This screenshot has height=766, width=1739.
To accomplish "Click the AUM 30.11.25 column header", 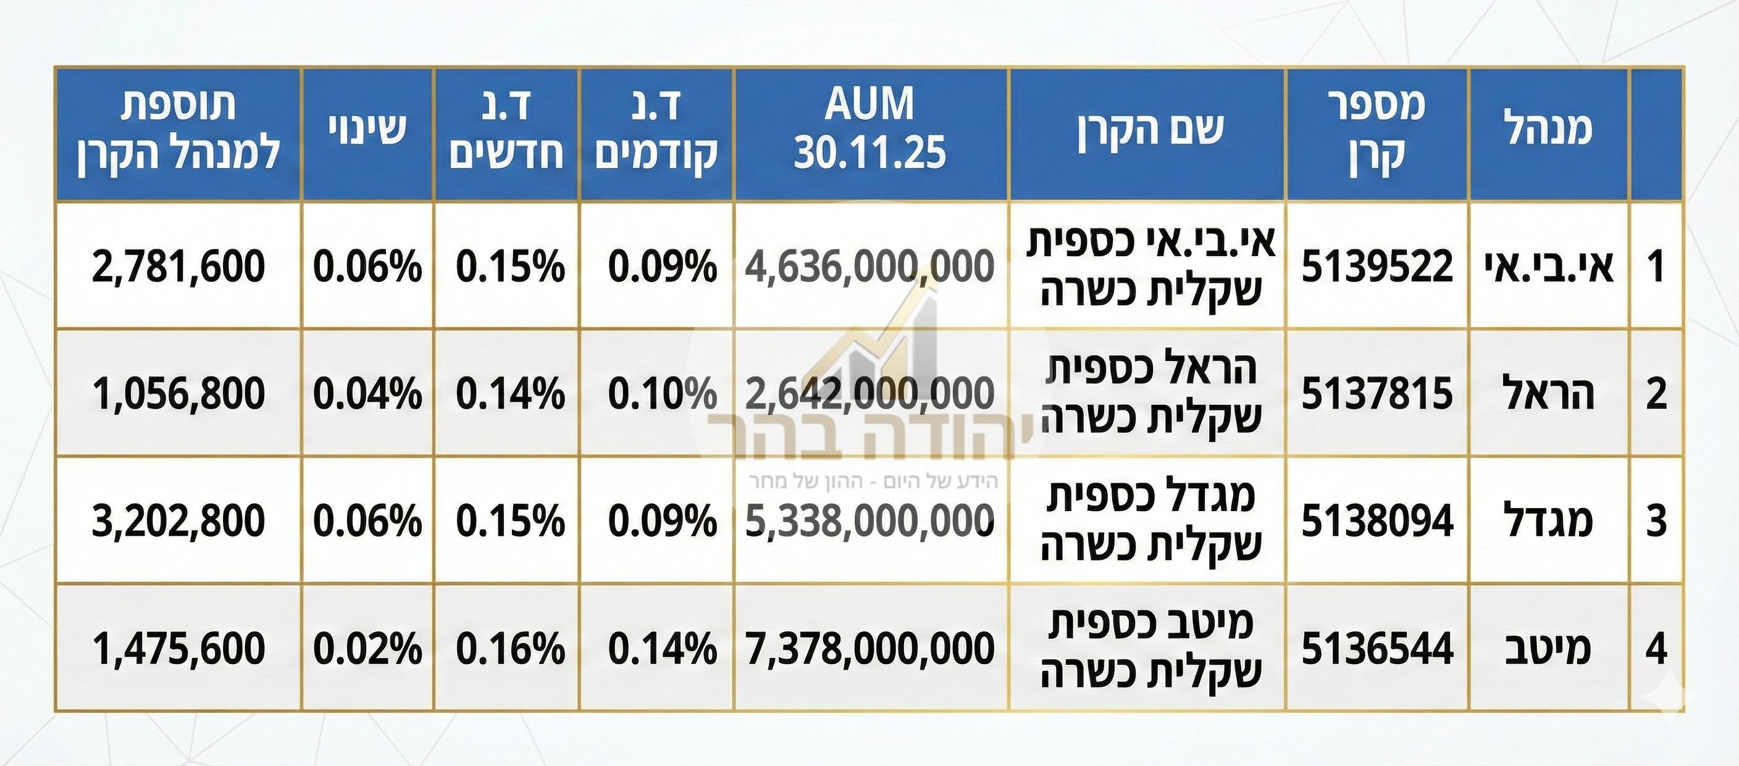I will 869,128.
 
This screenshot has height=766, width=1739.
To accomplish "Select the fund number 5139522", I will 1377,266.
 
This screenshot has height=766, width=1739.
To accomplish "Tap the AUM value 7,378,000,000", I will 869,649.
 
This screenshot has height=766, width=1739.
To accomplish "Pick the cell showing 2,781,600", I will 178,266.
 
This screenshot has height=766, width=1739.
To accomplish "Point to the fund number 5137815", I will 1377,393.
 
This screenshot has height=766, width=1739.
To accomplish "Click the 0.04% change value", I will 367,393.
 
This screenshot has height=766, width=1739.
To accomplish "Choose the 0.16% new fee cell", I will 509,649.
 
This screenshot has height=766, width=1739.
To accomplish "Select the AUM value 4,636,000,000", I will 869,266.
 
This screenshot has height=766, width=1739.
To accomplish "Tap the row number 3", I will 1656,521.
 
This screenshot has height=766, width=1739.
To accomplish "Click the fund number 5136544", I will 1377,649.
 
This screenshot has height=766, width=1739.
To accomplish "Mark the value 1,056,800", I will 178,393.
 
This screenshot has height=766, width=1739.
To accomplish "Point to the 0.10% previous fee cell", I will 661,393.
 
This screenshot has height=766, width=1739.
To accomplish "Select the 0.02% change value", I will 367,649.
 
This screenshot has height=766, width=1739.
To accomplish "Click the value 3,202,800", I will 178,521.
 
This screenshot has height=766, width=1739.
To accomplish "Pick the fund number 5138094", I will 1377,521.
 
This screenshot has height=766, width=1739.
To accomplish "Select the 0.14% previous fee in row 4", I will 661,649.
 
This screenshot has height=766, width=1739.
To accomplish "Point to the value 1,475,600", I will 178,649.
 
